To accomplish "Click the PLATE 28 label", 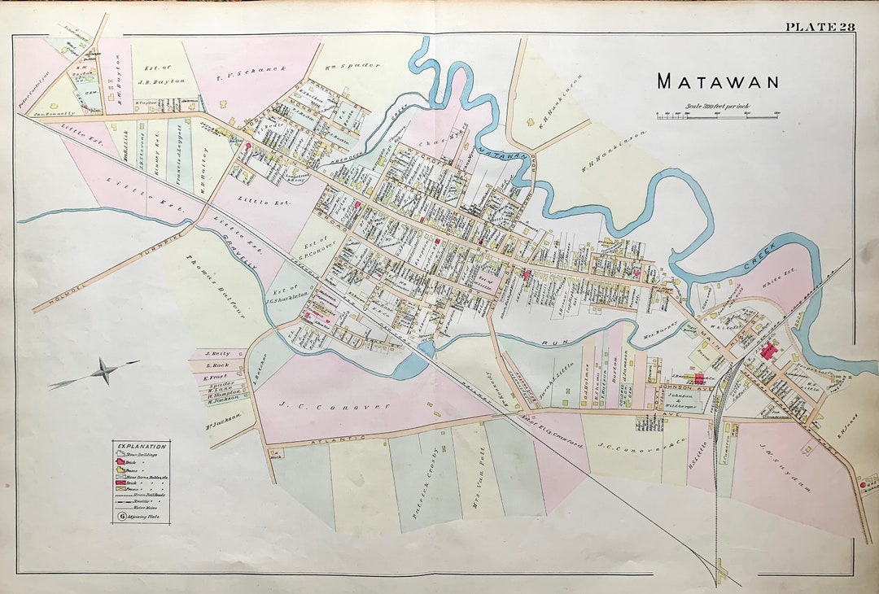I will point(820,27).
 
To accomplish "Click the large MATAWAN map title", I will point(718,81).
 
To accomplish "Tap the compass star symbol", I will point(103,372).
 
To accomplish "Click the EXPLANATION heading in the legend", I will point(142,447).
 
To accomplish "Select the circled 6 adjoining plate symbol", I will point(120,515).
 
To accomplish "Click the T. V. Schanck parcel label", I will point(251,72).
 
